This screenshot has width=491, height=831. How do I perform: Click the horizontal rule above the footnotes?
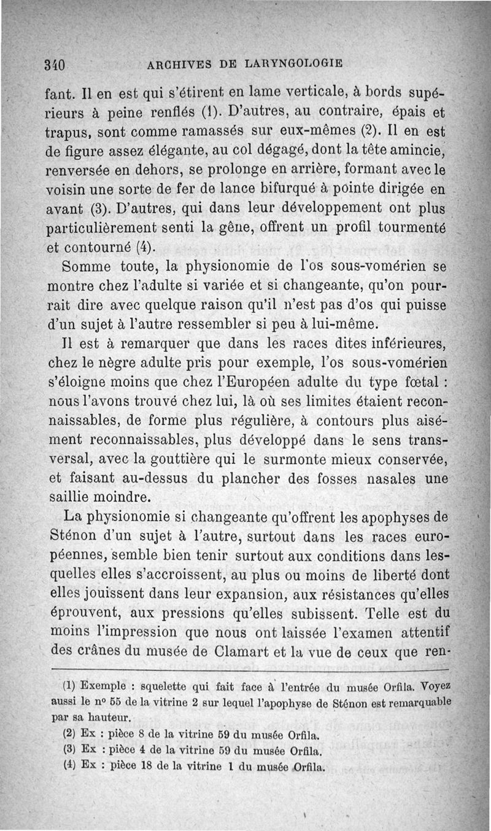pyautogui.click(x=250, y=669)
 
